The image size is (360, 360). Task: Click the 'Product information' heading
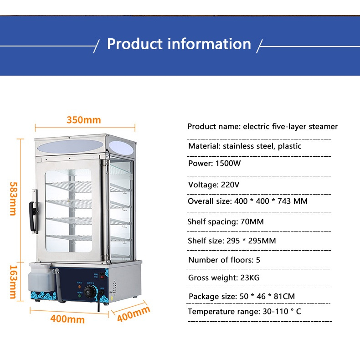click(x=179, y=44)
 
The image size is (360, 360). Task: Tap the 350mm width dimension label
click(x=84, y=120)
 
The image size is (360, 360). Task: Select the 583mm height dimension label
click(x=14, y=199)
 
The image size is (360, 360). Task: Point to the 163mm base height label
click(x=14, y=282)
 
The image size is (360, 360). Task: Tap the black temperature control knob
click(x=90, y=292)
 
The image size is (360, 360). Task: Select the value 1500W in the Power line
click(x=228, y=164)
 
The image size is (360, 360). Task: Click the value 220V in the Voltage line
click(x=230, y=185)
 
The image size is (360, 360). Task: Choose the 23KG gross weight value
click(x=250, y=278)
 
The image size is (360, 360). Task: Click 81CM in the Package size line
click(x=284, y=296)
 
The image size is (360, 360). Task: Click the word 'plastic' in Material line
click(x=290, y=146)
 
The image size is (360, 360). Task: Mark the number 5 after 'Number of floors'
click(x=258, y=260)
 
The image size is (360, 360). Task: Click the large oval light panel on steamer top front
click(x=70, y=146)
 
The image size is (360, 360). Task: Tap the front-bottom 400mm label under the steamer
click(x=67, y=319)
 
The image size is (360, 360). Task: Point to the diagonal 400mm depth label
click(x=134, y=314)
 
